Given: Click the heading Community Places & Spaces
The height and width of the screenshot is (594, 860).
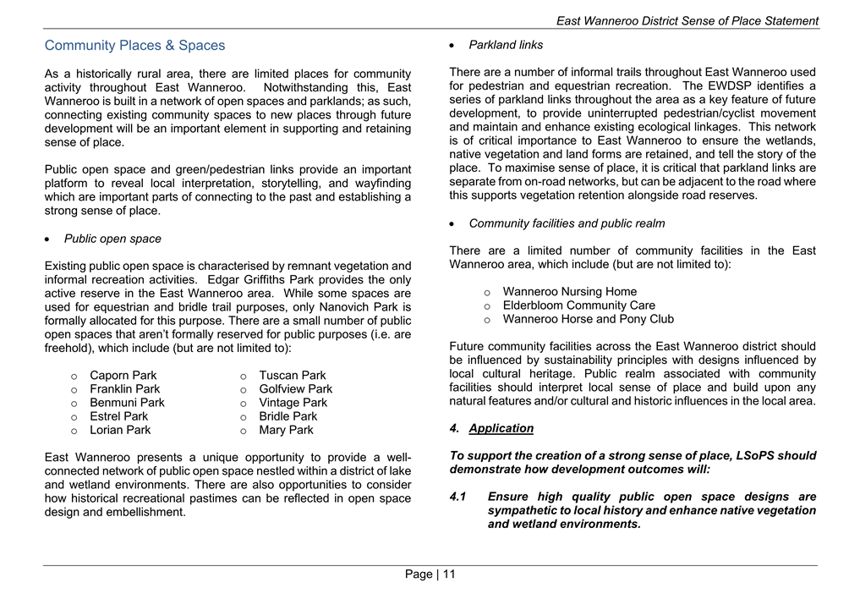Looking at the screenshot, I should [x=134, y=46].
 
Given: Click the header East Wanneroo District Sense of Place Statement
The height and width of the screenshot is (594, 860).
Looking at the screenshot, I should [x=687, y=21].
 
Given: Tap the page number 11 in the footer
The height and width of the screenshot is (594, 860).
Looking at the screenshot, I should [x=448, y=575].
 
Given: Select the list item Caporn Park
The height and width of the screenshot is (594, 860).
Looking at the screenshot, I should [x=123, y=376].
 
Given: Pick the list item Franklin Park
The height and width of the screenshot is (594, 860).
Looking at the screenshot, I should [x=124, y=389].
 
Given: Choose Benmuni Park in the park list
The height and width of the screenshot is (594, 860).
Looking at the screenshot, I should [x=127, y=403].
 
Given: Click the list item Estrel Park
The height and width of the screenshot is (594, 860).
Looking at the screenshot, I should [x=118, y=416].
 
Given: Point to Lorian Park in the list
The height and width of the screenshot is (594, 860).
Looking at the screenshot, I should [x=120, y=430].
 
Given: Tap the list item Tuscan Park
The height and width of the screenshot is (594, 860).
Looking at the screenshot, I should [x=292, y=376].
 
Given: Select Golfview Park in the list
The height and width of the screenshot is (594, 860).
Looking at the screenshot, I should [x=295, y=389].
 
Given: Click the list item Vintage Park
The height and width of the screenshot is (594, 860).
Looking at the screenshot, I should [x=293, y=403].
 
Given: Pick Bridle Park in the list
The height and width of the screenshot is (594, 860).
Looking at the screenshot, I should [x=288, y=416].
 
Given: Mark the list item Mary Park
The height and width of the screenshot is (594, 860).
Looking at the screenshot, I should [x=286, y=430].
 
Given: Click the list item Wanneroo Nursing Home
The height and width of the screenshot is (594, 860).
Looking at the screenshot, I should [x=569, y=292].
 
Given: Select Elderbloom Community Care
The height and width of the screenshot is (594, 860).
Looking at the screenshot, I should [x=578, y=305].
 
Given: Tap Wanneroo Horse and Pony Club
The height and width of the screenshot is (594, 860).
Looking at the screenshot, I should [x=588, y=319].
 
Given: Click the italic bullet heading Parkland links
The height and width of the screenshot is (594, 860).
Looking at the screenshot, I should [x=506, y=45].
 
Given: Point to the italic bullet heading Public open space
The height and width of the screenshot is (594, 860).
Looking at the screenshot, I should [x=112, y=239].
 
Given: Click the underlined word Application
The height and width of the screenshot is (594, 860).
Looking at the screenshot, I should [x=501, y=428].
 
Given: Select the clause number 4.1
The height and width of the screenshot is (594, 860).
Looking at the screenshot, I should [x=458, y=498].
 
